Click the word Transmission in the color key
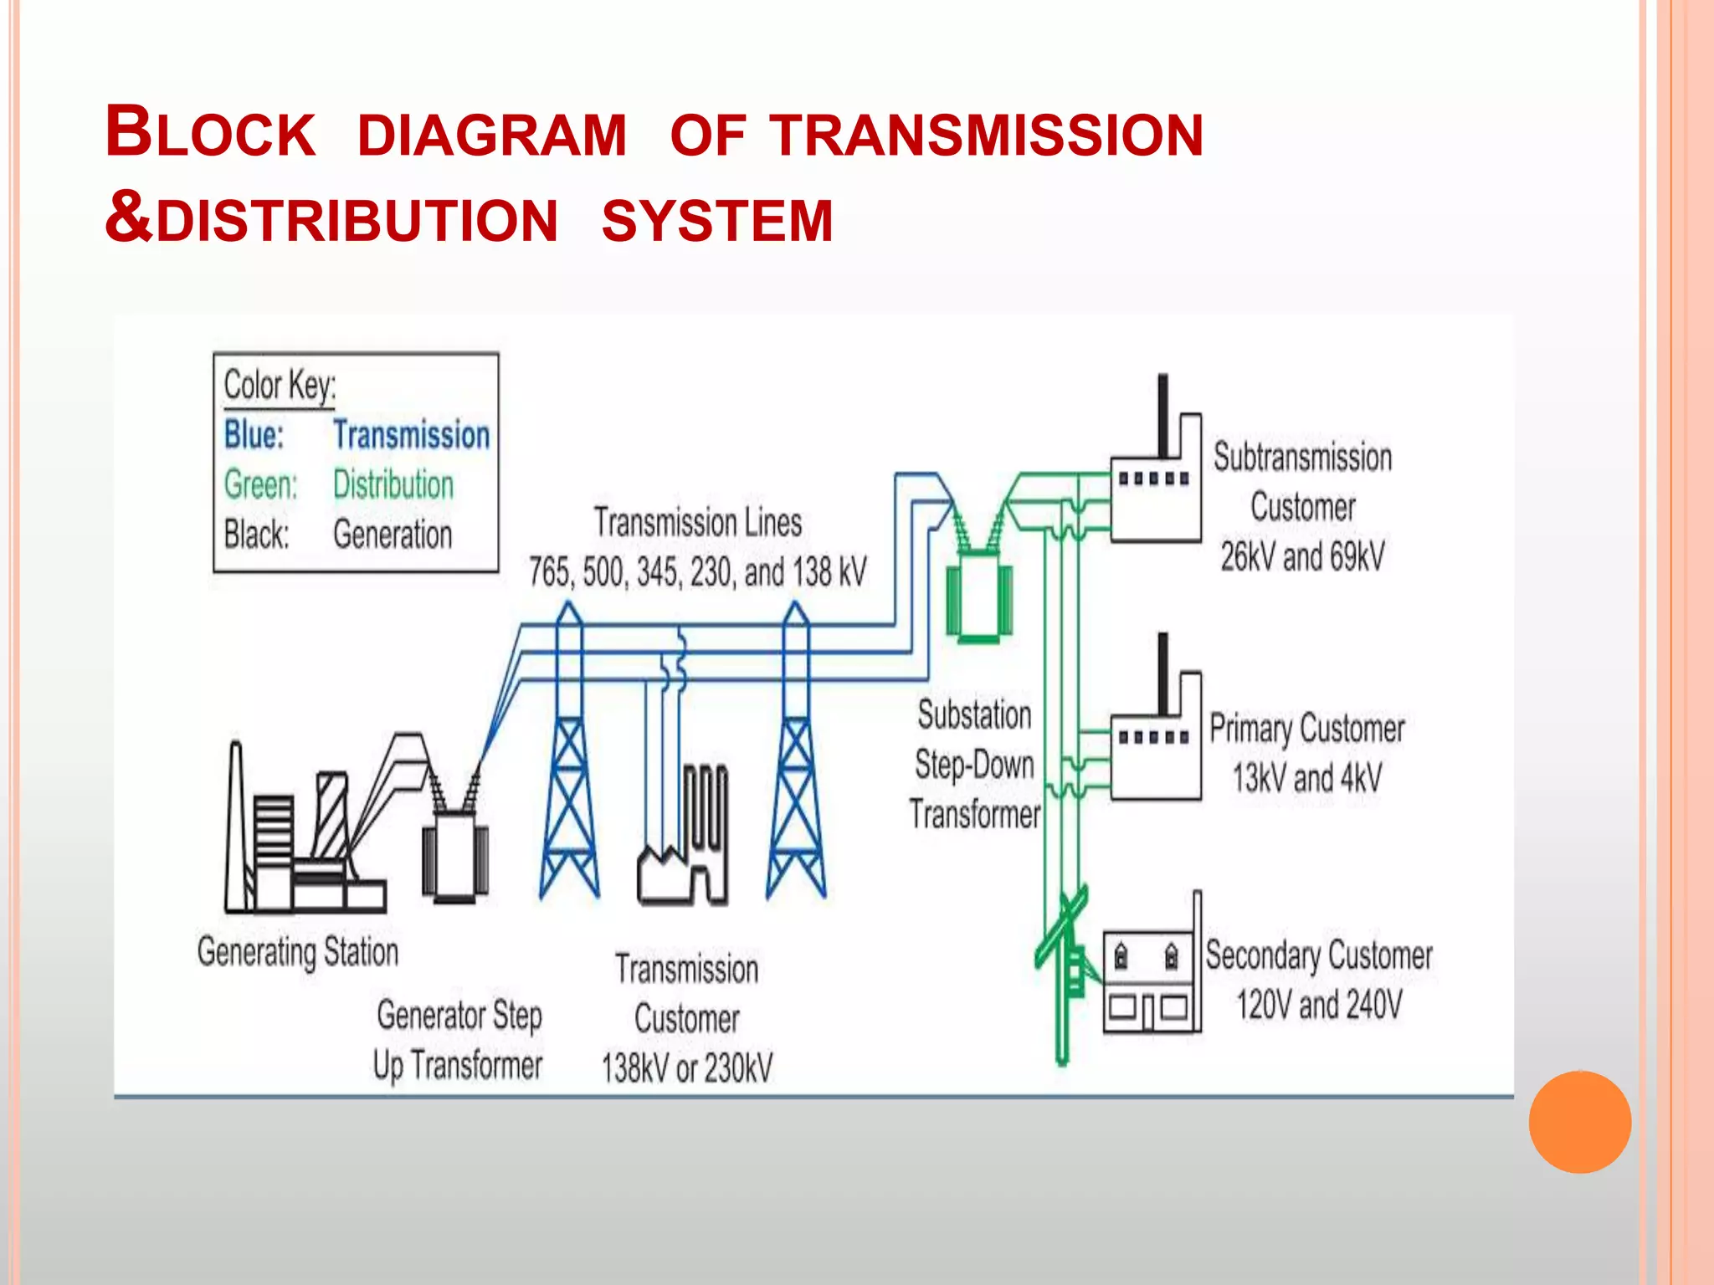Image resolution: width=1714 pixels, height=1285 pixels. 411,435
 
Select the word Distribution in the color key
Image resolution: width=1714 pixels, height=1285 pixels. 393,485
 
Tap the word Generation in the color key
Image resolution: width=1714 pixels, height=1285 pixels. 393,535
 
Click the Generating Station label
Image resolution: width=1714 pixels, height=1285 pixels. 298,952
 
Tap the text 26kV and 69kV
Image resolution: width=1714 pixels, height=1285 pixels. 1302,557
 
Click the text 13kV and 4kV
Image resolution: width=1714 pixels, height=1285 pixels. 1306,778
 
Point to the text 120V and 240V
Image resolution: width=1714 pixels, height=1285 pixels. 1319,1005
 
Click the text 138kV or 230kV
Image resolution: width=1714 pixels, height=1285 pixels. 687,1068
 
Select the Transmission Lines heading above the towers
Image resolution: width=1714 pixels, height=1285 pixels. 698,523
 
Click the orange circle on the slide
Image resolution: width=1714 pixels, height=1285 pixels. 1579,1122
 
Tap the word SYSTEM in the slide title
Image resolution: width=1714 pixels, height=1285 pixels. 717,221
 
